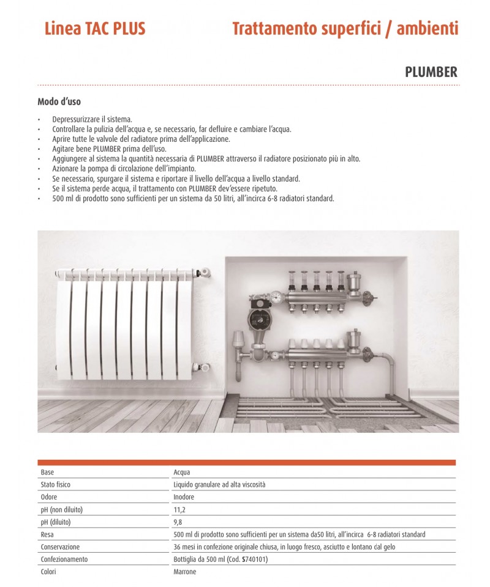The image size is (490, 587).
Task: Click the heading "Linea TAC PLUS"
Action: click(x=95, y=29)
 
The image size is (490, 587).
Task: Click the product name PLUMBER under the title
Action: click(x=431, y=72)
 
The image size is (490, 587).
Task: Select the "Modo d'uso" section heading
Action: click(x=59, y=102)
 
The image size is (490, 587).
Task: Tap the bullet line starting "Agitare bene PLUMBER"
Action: click(x=109, y=149)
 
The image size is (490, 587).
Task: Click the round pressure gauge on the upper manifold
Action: click(x=277, y=297)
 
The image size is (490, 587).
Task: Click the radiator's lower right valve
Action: click(x=203, y=367)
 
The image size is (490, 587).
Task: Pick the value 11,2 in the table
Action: click(x=179, y=509)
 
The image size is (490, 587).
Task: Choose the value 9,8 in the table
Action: click(x=178, y=522)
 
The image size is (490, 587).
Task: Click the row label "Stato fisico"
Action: click(x=57, y=484)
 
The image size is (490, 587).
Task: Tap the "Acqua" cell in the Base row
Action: click(x=182, y=472)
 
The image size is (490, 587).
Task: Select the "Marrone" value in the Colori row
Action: click(x=185, y=572)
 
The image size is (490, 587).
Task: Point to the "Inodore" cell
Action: click(x=184, y=497)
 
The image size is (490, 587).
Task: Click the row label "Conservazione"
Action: click(x=60, y=547)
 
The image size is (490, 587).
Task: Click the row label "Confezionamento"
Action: click(x=64, y=559)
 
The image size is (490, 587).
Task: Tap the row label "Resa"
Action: click(x=47, y=534)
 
